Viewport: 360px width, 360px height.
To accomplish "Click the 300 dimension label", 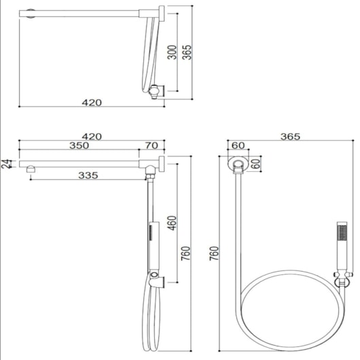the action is click(x=173, y=52).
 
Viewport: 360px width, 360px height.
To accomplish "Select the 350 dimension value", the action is click(x=79, y=145).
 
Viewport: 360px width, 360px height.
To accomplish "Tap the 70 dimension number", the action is click(x=151, y=145).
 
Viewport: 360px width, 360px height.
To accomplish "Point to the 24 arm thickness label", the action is click(x=5, y=164).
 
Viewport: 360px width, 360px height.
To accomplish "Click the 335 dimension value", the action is click(x=88, y=175).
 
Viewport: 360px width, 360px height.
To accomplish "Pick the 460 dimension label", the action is click(x=172, y=223).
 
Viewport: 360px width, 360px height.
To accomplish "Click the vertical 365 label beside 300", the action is click(x=187, y=52).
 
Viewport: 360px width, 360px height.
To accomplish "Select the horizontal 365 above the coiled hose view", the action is click(x=290, y=137).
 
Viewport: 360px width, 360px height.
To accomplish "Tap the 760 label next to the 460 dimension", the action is click(x=185, y=253).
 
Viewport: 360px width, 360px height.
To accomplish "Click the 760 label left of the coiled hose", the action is click(x=214, y=253).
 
